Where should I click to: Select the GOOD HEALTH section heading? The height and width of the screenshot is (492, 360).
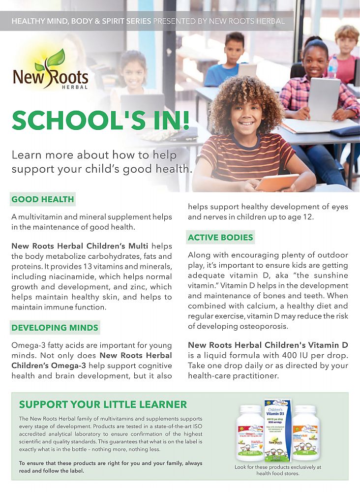[43, 199]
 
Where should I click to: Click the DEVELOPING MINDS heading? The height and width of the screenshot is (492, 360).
[55, 328]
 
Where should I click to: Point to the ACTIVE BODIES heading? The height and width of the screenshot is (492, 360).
[220, 237]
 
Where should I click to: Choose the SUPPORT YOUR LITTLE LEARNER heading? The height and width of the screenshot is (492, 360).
[103, 404]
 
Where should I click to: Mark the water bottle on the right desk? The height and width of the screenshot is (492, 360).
[333, 67]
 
